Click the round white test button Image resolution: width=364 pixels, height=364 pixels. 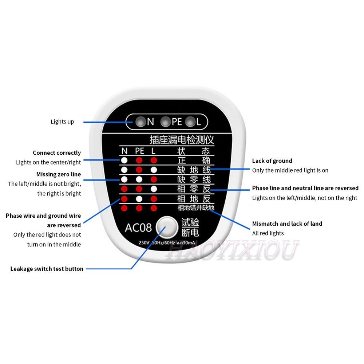point(166,227)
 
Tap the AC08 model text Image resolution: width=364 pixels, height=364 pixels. point(138,228)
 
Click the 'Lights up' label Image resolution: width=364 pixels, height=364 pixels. point(62,122)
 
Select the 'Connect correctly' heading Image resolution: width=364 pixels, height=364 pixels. point(57,153)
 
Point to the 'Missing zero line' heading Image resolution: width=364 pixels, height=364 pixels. point(59,174)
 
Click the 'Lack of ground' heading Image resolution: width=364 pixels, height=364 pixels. point(272,161)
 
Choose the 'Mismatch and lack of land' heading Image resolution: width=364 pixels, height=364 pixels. point(287,223)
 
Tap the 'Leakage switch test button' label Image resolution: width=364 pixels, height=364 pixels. point(47,269)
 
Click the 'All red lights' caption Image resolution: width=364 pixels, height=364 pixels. point(268,233)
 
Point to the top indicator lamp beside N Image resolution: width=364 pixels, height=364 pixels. point(139,122)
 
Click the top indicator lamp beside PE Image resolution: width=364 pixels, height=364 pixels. point(166,122)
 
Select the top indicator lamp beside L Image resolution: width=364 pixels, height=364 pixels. point(190,122)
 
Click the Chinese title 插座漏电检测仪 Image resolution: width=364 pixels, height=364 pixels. point(182,139)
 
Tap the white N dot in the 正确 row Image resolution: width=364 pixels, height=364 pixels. point(124,160)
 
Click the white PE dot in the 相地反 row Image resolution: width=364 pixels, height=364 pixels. point(139,199)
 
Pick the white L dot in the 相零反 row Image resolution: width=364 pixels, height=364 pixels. point(154,189)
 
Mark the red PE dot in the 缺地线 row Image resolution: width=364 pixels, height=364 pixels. point(139,170)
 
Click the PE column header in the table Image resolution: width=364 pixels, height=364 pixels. point(139,151)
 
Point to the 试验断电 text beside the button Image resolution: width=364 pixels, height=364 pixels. point(190,227)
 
